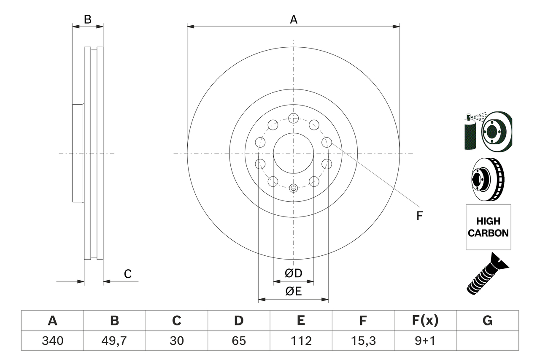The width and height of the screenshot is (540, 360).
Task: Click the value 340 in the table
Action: (53, 341)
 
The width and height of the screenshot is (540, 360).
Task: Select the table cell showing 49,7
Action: (115, 341)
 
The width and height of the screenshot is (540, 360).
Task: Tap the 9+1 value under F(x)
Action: (425, 341)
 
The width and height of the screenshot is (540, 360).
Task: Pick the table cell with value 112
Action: (301, 341)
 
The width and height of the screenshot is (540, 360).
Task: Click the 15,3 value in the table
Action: (363, 341)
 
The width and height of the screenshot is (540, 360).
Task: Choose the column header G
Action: (487, 321)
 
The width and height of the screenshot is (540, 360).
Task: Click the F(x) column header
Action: (425, 321)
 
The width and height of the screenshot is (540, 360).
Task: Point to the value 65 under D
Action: (239, 341)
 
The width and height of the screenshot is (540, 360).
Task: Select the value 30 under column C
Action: (177, 341)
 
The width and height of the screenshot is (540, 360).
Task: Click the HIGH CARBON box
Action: (488, 227)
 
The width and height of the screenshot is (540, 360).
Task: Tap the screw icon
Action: (488, 274)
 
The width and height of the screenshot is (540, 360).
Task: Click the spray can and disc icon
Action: (488, 131)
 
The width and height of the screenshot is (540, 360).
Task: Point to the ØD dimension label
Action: (294, 273)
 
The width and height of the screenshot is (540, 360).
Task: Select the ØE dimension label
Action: (294, 291)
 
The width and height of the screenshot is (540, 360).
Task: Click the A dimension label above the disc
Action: (294, 19)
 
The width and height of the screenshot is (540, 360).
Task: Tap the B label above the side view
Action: (87, 19)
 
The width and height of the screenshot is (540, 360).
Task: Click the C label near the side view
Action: (128, 274)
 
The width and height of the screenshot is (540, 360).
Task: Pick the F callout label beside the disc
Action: (419, 216)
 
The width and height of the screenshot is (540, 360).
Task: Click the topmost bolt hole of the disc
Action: (293, 117)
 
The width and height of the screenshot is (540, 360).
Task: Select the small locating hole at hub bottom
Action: (294, 188)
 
